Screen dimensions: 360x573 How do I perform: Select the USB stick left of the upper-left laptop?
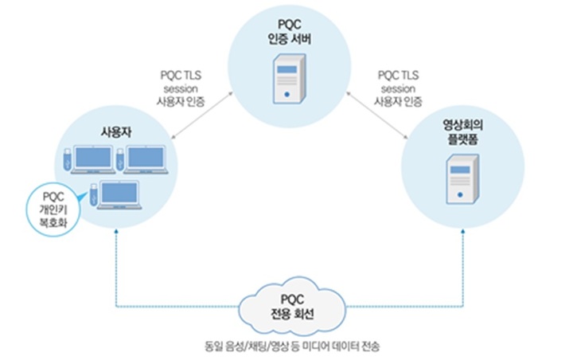69,157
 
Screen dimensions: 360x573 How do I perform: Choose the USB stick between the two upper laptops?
123,157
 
